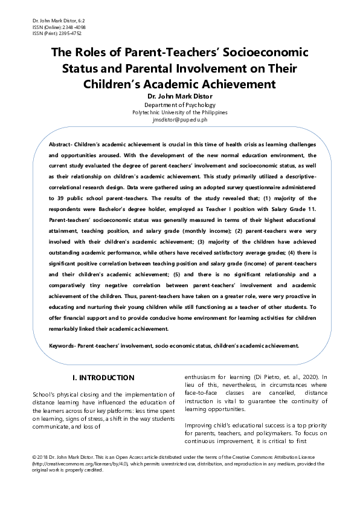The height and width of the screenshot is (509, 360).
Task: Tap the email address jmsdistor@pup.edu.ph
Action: pyautogui.click(x=179, y=120)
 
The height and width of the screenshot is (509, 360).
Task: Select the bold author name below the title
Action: pyautogui.click(x=179, y=97)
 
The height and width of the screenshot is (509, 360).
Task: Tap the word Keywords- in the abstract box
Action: pyautogui.click(x=67, y=345)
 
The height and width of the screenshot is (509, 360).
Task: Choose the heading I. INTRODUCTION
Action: pyautogui.click(x=103, y=378)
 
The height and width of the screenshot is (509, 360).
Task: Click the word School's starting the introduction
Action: pyautogui.click(x=45, y=395)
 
